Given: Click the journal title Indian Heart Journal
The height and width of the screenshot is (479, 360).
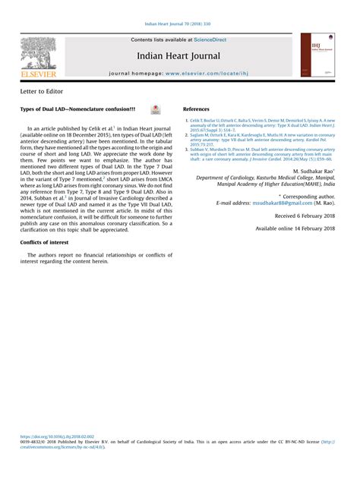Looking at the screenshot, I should [x=179, y=55].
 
